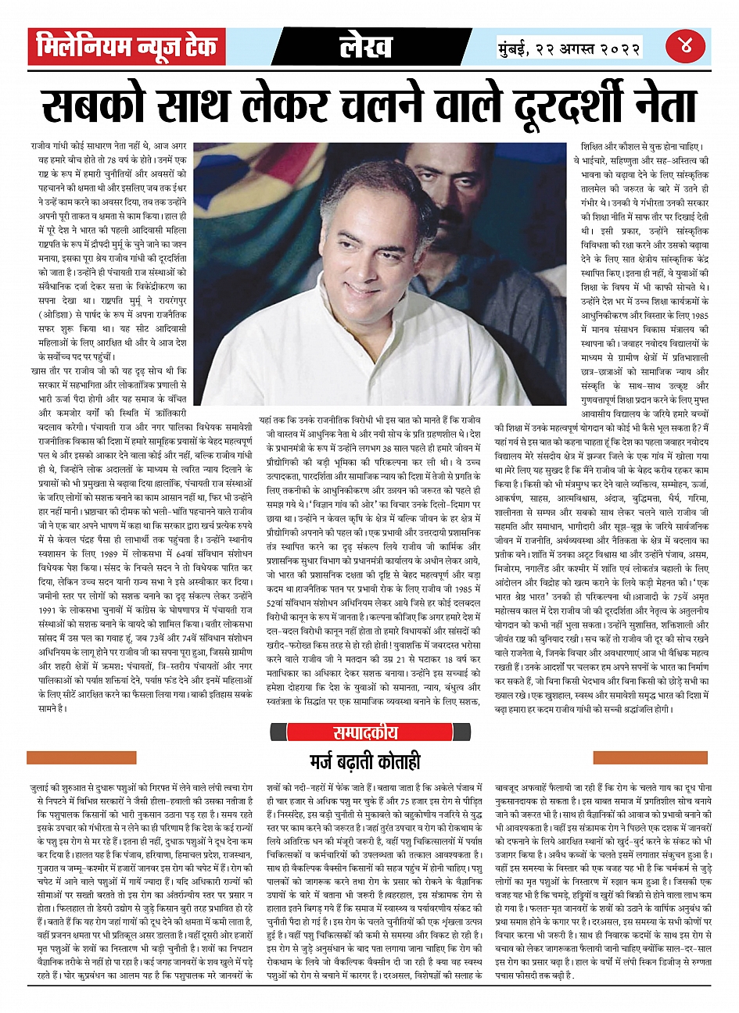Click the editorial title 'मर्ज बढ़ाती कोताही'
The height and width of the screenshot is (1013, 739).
[x=366, y=760]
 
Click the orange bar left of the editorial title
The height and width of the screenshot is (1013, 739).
[x=70, y=757]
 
